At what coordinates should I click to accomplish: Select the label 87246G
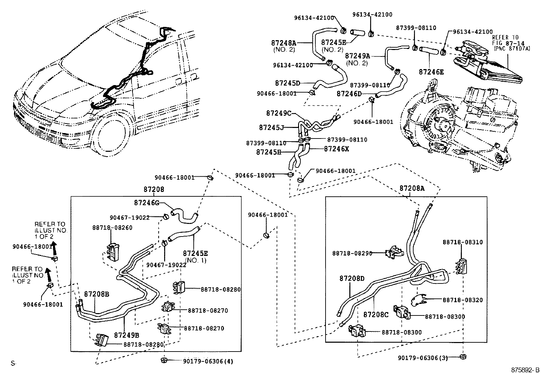coord(146,203)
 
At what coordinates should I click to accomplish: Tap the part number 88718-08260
coord(112,227)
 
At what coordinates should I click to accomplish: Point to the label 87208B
coord(97,294)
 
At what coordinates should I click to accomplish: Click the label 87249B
coord(126,335)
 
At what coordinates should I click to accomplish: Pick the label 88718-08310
coord(462,242)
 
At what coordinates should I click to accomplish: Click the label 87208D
coord(352,278)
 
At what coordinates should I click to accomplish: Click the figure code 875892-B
coord(525,369)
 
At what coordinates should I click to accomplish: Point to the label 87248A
coord(284,43)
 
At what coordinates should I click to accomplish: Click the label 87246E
coord(431,72)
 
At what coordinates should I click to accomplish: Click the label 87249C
coord(279,113)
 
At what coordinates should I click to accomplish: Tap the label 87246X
coord(336,149)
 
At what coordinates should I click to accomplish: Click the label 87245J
coord(271,127)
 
